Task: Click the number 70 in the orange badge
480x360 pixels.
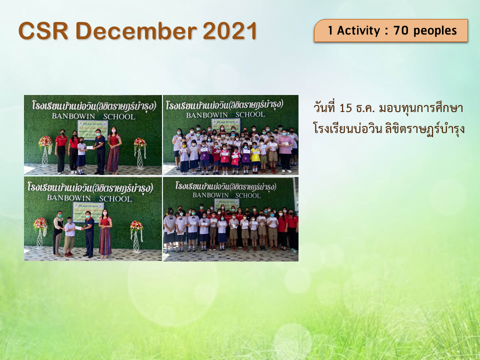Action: [x=401, y=30]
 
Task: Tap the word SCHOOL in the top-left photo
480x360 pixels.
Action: [x=118, y=117]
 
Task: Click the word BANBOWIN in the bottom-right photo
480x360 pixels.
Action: [x=206, y=195]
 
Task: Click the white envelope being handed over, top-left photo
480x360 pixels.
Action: [x=90, y=147]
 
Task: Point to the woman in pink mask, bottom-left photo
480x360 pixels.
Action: [x=105, y=232]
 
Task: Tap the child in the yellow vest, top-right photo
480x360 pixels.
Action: [x=255, y=156]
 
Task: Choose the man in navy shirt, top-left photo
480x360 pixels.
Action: [x=100, y=150]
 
